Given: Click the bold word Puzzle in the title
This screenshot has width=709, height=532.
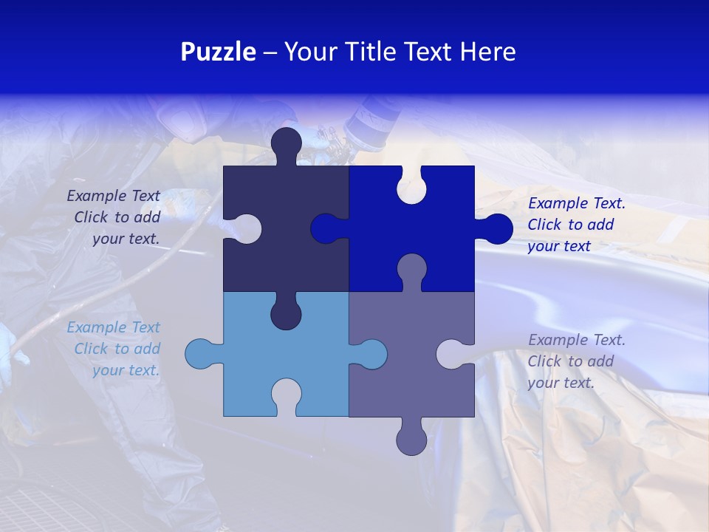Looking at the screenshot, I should pyautogui.click(x=218, y=52).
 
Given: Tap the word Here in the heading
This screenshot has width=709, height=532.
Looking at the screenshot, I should pyautogui.click(x=487, y=52).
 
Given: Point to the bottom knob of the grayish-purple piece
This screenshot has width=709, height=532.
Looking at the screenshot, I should pyautogui.click(x=411, y=439).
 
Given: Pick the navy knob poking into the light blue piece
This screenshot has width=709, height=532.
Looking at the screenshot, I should pyautogui.click(x=286, y=313).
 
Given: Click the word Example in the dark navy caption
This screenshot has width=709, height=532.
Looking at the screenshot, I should pyautogui.click(x=97, y=196).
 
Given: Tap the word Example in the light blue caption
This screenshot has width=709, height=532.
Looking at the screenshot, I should pyautogui.click(x=97, y=327).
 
